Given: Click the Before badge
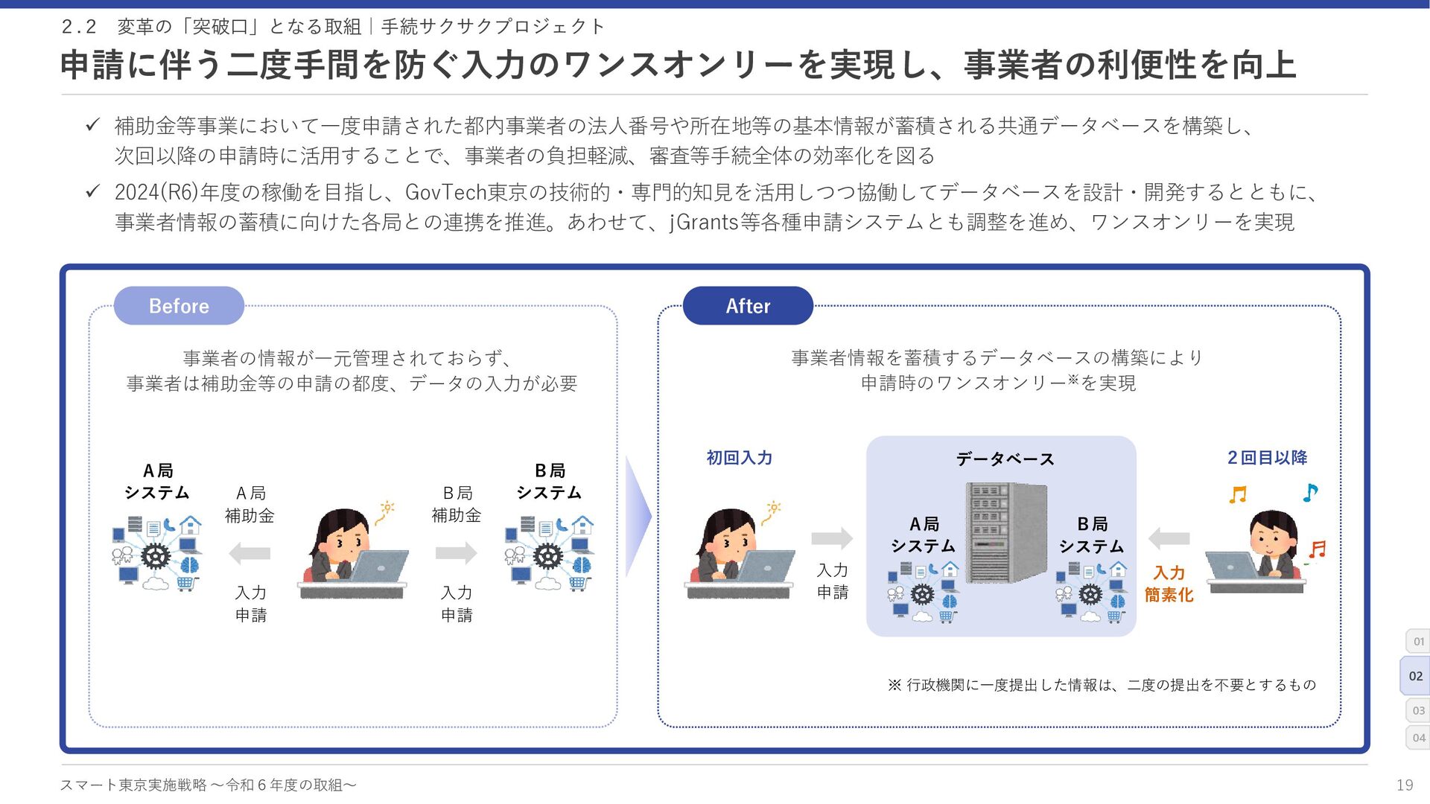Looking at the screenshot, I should coord(179,306).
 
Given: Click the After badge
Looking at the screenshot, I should coord(748,306).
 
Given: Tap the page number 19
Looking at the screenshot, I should coord(1404,785).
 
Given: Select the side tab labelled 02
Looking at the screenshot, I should coord(1415,676).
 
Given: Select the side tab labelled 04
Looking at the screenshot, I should coord(1418,738).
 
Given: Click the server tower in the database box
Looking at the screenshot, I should coord(1005,532).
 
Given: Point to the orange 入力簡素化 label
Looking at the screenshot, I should coord(1169,584).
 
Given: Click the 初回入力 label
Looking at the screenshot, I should coord(739,458).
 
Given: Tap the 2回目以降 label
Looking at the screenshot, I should coord(1267,458).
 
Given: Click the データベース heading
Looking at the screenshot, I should coord(1005,459).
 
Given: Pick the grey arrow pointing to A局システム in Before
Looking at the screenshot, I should coord(250,553).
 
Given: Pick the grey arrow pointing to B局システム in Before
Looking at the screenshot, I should coord(456,553).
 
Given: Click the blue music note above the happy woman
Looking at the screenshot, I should coord(1310,492).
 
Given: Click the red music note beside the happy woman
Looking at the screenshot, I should coord(1318,549).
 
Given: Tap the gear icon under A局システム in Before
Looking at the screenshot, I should coord(156,556).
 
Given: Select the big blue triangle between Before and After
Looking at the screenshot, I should coord(638,516).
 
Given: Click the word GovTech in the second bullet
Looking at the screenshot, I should coord(445,193).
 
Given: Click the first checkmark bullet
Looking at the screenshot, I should coord(92,125).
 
